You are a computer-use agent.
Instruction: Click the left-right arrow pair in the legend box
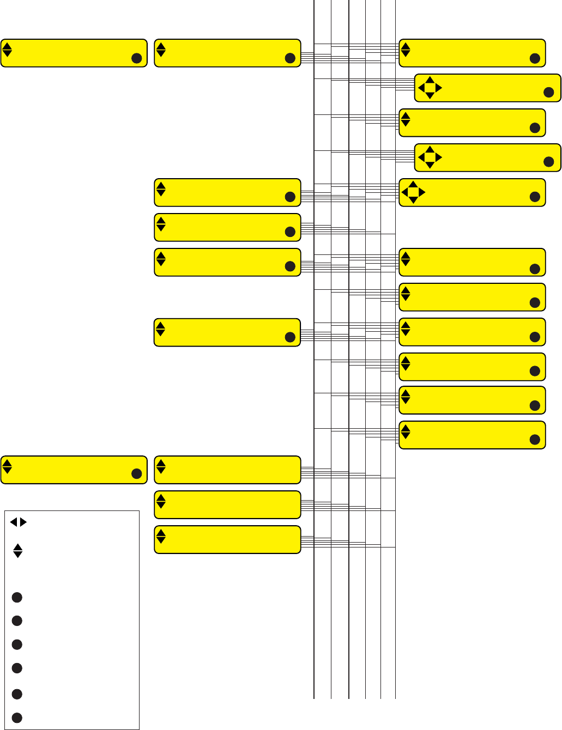(18, 522)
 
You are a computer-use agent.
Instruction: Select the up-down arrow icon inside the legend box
(18, 551)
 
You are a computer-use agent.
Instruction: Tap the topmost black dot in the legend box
(17, 598)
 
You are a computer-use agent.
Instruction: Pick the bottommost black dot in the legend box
(17, 717)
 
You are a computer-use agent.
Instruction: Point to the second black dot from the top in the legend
(17, 620)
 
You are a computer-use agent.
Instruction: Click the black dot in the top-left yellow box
(136, 58)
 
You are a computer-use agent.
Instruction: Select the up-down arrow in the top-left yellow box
(7, 50)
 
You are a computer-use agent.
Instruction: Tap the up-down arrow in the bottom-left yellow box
(7, 467)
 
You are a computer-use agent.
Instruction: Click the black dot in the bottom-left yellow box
(136, 474)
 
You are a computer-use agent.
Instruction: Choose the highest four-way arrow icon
(430, 88)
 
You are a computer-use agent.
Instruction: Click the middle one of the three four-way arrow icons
(430, 157)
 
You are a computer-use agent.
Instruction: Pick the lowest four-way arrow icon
(413, 192)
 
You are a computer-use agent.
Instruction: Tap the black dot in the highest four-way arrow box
(549, 93)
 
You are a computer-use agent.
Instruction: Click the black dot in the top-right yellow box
(535, 58)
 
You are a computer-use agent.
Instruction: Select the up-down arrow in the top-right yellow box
(406, 50)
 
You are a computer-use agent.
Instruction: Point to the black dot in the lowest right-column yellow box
(535, 440)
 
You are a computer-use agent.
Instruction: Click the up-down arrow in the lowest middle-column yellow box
(161, 537)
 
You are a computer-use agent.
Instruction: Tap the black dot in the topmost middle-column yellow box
(290, 58)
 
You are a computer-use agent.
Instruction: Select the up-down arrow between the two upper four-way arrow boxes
(406, 119)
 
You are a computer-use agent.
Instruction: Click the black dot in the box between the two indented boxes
(535, 128)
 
